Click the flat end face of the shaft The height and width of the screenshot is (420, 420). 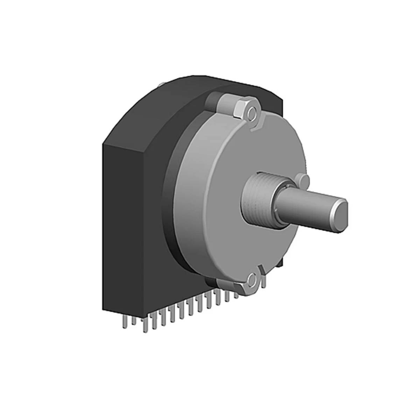click(x=339, y=215)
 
